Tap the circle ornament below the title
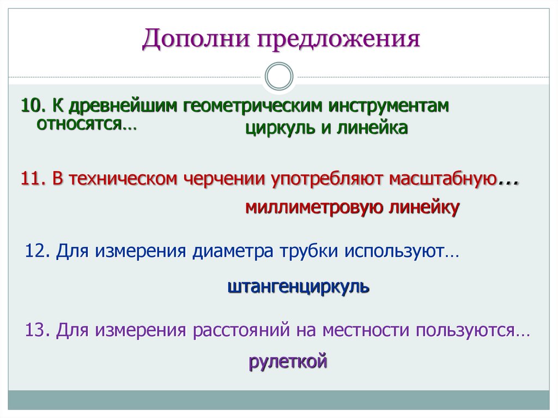pos(278,76)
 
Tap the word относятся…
pos(86,124)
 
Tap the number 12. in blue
pos(39,252)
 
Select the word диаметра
pos(234,252)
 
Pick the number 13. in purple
pos(39,331)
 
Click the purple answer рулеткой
pos(288,361)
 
